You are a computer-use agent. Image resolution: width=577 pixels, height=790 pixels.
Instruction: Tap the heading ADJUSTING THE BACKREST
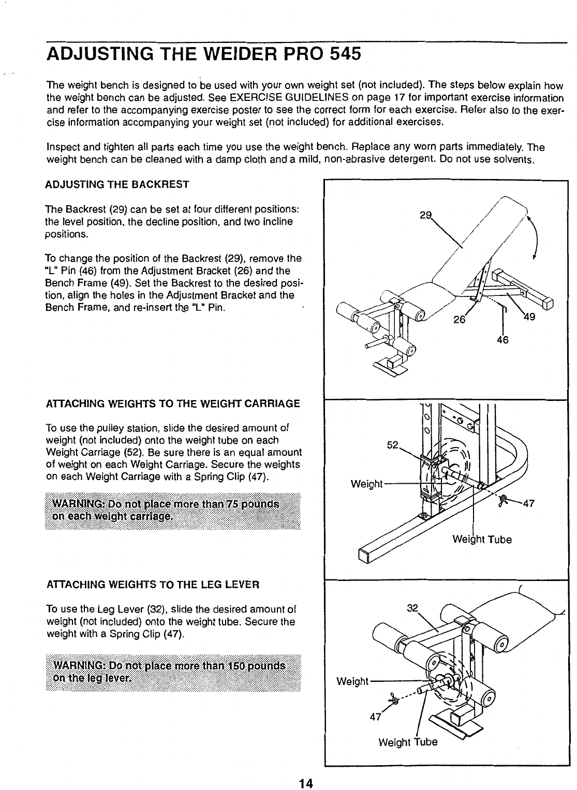pyautogui.click(x=117, y=185)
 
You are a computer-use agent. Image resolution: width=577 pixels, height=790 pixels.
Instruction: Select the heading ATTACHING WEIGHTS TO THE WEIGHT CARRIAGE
pyautogui.click(x=173, y=404)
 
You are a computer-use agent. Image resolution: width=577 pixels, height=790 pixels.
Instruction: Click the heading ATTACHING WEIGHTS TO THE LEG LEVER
pyautogui.click(x=152, y=585)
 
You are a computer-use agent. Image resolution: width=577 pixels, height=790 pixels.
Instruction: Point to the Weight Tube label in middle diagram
pyautogui.click(x=482, y=540)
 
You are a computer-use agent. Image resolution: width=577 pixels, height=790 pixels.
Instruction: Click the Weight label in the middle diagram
pyautogui.click(x=366, y=484)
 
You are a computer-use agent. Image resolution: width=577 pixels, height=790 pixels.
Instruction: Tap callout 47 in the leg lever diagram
pyautogui.click(x=375, y=717)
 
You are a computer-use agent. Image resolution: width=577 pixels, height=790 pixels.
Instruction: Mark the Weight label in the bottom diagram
pyautogui.click(x=352, y=681)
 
